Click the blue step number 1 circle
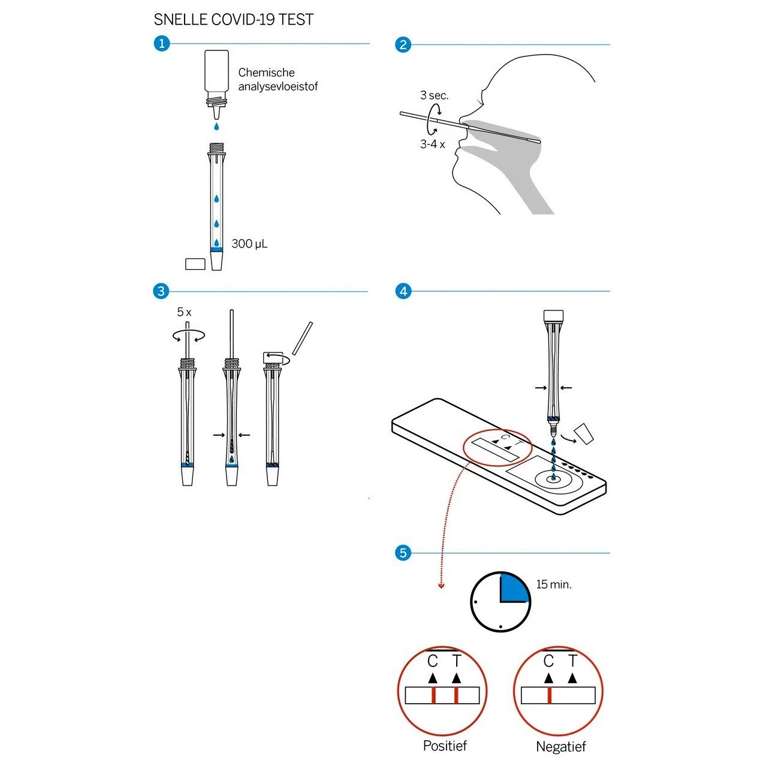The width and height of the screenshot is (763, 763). pos(162,44)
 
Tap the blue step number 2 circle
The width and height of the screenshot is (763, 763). pos(403,45)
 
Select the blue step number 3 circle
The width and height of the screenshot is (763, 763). pos(161,291)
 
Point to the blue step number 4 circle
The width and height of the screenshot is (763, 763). pos(403,291)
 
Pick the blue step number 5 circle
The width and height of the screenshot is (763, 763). pos(403,553)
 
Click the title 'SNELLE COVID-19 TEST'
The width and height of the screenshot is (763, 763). pos(234,20)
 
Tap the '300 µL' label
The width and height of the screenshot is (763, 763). pos(249,244)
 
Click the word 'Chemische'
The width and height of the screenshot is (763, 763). pos(267,73)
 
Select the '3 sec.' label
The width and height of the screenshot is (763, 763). pos(435,95)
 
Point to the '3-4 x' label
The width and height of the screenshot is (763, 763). pos(432,144)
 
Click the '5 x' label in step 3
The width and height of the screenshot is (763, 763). pos(184,312)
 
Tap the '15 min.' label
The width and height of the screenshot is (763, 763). pos(554,584)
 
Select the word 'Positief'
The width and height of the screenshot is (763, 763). pos(445,746)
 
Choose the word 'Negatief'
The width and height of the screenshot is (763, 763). pos(560,746)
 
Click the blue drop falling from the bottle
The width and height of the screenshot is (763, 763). pos(216,126)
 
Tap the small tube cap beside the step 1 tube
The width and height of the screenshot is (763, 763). pos(195,264)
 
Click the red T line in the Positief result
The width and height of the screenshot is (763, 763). pos(456,695)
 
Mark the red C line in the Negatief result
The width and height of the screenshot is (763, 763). pos(549,695)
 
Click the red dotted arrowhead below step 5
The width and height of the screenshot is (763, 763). pos(442,586)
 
